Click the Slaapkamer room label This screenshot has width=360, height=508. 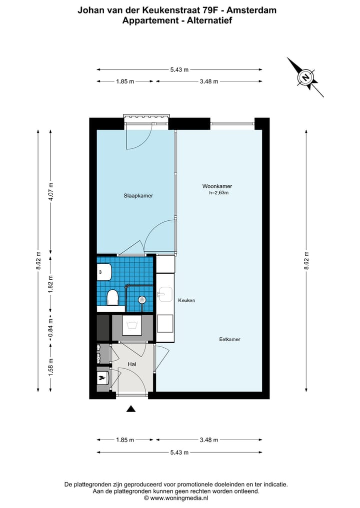(x=138, y=196)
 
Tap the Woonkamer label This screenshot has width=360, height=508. (x=217, y=186)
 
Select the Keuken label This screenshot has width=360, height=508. (x=186, y=300)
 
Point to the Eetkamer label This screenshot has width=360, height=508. (x=229, y=339)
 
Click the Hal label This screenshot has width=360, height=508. (x=131, y=364)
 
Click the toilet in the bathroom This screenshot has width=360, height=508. (x=112, y=297)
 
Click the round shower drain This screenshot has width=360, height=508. (x=141, y=300)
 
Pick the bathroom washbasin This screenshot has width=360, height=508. (x=104, y=272)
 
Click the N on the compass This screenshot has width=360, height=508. (x=305, y=77)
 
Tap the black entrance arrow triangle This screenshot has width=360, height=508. (x=130, y=409)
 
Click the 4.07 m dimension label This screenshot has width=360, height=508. (x=50, y=191)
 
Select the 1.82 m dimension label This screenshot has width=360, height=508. (x=50, y=284)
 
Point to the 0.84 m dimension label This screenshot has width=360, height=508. (x=50, y=328)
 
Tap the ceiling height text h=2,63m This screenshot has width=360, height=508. (x=219, y=193)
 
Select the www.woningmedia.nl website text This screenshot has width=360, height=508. (x=179, y=498)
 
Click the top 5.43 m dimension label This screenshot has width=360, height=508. (x=179, y=69)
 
